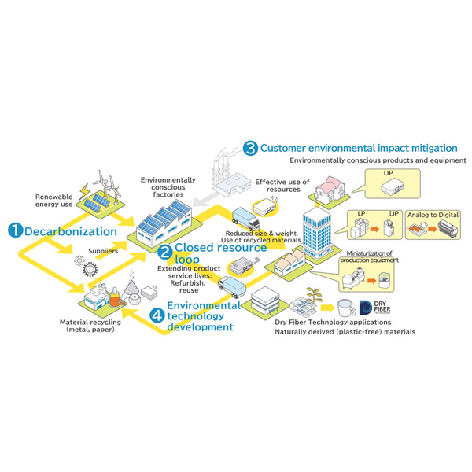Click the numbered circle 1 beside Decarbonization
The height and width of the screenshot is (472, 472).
tap(15, 230)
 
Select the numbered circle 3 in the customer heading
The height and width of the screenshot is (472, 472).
tap(250, 147)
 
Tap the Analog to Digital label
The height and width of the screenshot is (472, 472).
tap(431, 216)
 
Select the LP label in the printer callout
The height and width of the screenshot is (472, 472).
tap(362, 212)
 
